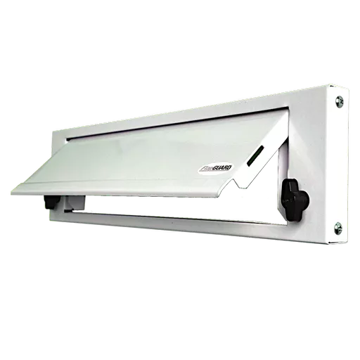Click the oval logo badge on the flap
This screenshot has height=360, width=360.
pos(209,167)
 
